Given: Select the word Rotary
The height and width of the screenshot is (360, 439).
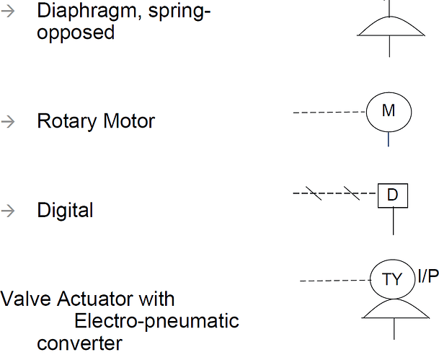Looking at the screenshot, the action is click(x=67, y=122).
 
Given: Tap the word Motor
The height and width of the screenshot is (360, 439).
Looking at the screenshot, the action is click(x=129, y=121).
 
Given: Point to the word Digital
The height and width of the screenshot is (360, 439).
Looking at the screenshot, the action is click(x=65, y=211).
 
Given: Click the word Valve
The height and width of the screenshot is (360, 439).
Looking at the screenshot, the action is click(x=25, y=299).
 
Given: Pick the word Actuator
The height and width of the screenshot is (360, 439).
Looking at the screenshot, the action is click(x=96, y=299).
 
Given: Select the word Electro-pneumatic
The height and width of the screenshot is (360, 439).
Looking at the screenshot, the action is click(x=156, y=322).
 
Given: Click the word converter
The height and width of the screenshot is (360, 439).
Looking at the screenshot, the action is click(x=79, y=343).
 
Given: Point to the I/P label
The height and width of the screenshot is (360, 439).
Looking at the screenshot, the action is click(x=428, y=276).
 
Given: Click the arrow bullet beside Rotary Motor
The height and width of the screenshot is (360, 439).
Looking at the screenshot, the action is click(x=7, y=122).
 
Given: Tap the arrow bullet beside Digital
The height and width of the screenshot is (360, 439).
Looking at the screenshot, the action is click(x=7, y=211).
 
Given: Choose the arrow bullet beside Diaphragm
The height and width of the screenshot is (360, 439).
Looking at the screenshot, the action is click(x=7, y=12).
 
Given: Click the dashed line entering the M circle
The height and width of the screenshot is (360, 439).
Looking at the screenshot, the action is click(x=329, y=113).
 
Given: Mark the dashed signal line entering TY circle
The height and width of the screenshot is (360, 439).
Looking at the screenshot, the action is click(x=335, y=280).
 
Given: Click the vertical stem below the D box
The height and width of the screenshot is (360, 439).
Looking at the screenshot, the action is click(x=394, y=221).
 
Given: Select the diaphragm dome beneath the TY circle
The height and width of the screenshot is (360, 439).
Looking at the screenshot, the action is click(x=395, y=299).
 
